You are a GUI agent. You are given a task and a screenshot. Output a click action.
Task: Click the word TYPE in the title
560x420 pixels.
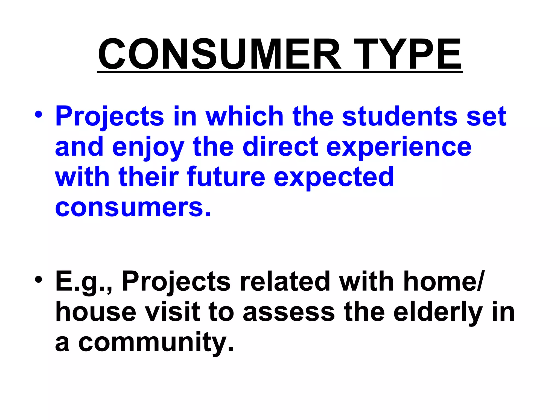point(407,54)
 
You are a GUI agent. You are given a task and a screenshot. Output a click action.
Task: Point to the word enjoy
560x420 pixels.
point(148,148)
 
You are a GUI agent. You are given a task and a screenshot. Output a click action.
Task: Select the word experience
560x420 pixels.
point(399,148)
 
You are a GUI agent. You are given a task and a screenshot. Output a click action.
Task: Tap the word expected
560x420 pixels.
point(334,178)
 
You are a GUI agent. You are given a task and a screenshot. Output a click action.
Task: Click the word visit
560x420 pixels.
point(172,312)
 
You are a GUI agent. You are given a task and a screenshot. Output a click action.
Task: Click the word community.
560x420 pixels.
point(156,343)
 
